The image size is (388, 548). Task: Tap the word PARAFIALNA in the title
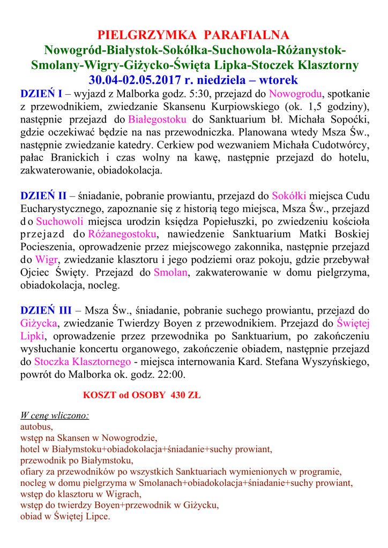pos(247,35)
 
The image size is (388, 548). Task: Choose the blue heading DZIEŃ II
pos(43,196)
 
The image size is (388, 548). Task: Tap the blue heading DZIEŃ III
pos(46,310)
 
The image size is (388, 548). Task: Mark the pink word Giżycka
pos(39,323)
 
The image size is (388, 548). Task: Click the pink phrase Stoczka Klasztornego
pos(83,362)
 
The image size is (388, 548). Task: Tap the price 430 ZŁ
pos(185,396)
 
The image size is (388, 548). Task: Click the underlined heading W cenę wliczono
pos(55,416)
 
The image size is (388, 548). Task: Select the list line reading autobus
pos(36,427)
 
